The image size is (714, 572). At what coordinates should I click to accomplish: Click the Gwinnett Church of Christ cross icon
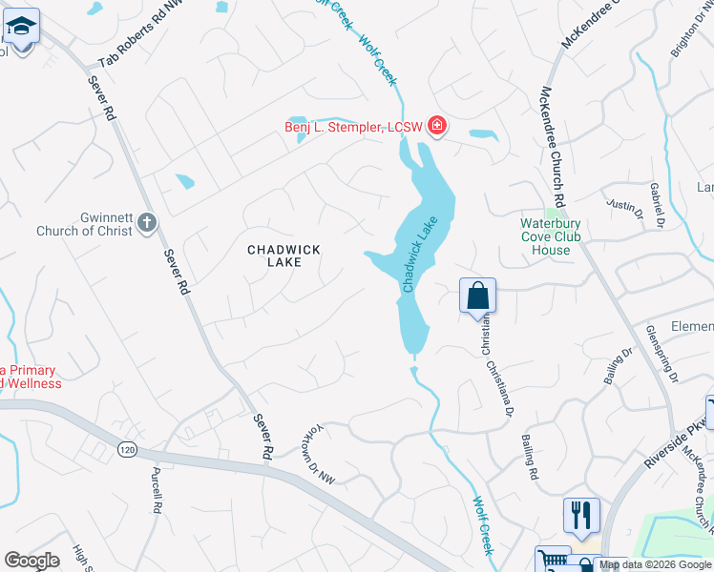tap(146, 222)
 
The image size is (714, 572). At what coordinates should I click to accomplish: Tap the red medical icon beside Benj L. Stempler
tap(437, 125)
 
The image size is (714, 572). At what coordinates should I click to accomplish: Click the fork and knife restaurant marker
tap(581, 515)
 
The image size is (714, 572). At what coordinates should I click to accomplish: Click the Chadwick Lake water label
tap(417, 255)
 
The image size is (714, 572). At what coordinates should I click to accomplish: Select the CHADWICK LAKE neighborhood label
tap(283, 255)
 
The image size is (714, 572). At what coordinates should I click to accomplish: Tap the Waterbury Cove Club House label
tap(557, 237)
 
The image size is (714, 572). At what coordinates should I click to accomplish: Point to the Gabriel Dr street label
tap(657, 208)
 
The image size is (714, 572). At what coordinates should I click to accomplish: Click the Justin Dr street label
tap(621, 204)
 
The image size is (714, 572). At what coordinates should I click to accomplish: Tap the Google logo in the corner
tap(32, 561)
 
